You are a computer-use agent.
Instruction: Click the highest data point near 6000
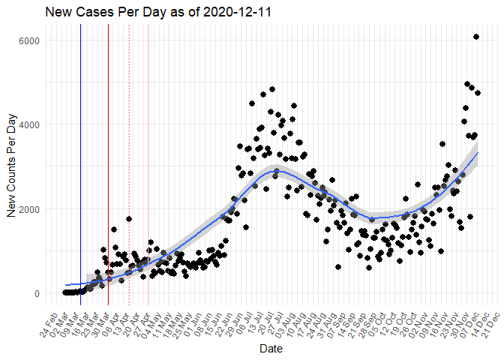(476, 37)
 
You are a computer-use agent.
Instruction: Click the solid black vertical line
(81, 150)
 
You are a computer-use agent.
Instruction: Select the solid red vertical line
(108, 150)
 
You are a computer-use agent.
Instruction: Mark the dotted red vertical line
(130, 150)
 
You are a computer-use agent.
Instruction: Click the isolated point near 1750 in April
(129, 219)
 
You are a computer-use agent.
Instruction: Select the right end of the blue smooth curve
(477, 153)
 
